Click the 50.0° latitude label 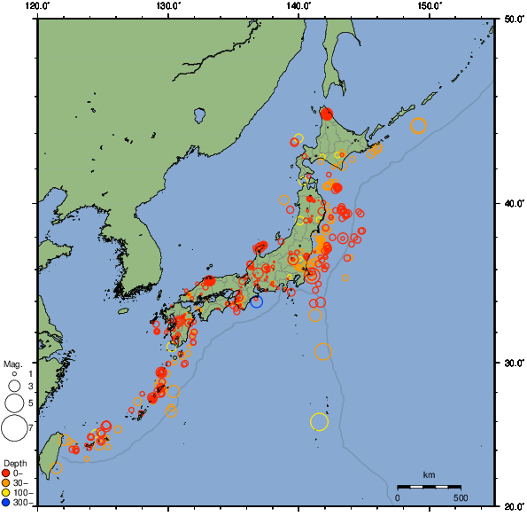(x=510, y=19)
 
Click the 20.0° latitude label (x=510, y=506)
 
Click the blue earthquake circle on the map (x=257, y=301)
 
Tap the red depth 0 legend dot (x=6, y=473)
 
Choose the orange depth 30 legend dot (x=6, y=482)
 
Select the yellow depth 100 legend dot (x=6, y=492)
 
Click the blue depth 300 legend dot (x=6, y=502)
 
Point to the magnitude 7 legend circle (x=13, y=429)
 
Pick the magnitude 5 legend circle (x=13, y=403)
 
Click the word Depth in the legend (x=14, y=464)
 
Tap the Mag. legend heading (x=12, y=364)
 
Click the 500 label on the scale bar (x=461, y=497)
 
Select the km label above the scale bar (x=429, y=475)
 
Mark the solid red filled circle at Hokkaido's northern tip (x=326, y=113)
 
